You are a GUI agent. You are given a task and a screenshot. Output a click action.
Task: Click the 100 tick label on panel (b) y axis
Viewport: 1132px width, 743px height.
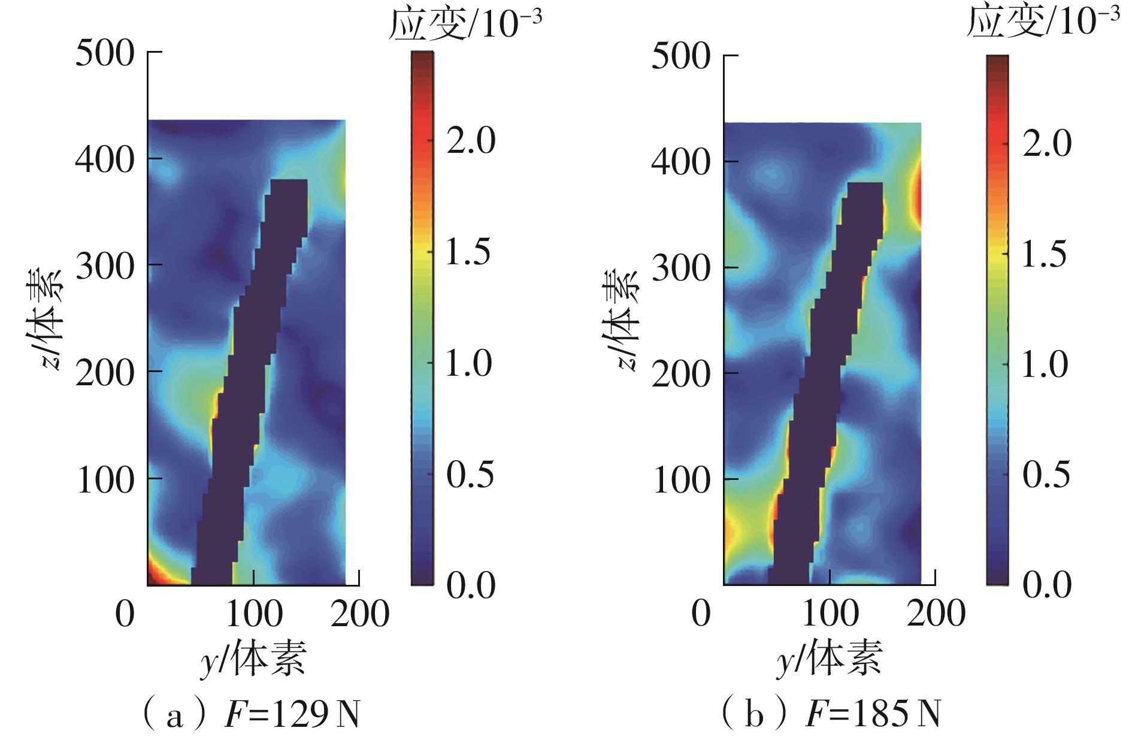click(830, 614)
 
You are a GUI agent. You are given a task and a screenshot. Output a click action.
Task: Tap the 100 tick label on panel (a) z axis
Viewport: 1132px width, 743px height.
click(105, 479)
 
